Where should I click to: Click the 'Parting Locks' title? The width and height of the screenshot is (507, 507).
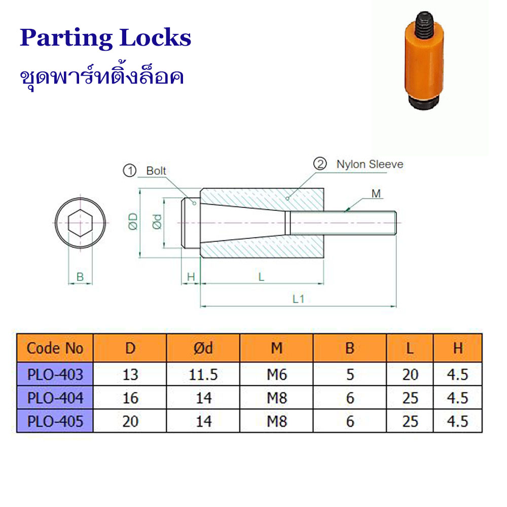[105, 38]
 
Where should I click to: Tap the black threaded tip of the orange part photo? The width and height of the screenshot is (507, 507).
[424, 23]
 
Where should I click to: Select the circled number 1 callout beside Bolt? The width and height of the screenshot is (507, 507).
[130, 170]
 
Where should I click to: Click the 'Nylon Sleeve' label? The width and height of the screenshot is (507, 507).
[370, 164]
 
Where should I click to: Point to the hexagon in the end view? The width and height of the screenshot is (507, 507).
[80, 223]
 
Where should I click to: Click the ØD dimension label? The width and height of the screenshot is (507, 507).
[133, 222]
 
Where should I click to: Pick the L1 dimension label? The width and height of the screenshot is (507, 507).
[298, 299]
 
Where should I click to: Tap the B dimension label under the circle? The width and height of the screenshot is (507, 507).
[80, 277]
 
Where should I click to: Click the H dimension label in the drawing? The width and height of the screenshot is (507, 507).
[191, 277]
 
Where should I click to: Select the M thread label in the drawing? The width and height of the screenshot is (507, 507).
[376, 194]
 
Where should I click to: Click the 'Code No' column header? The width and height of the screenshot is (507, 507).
[55, 348]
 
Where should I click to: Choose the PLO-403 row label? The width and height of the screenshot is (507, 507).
[55, 375]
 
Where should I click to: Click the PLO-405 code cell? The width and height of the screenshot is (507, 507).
[55, 421]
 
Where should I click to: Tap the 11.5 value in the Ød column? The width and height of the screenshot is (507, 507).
[203, 375]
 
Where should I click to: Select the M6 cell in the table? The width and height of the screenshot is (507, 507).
[277, 375]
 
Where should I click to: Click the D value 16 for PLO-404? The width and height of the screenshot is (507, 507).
[130, 398]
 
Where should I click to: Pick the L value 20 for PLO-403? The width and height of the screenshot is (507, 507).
[410, 375]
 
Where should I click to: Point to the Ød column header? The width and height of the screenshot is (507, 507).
[203, 348]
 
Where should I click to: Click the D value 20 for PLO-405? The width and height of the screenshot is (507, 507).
[130, 421]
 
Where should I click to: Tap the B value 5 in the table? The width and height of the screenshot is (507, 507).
[350, 375]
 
